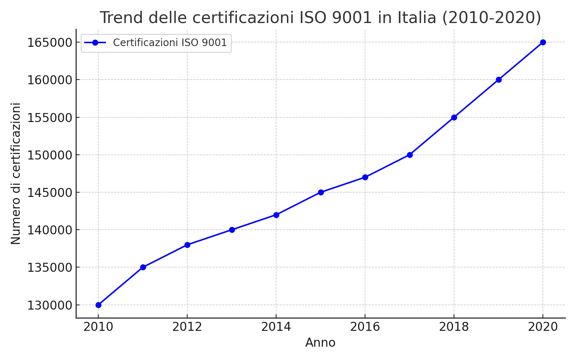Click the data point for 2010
98,305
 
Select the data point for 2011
143,267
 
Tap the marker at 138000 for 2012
187,245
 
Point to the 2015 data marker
321,192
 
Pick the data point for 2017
410,155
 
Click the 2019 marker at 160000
499,80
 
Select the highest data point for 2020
543,42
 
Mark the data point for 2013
232,230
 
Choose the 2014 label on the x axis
276,327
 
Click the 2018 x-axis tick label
454,327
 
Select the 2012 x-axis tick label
187,327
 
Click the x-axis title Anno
320,343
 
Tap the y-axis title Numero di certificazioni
15,174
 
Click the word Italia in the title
417,17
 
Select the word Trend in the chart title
121,17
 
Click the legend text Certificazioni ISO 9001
170,42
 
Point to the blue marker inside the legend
95,42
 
